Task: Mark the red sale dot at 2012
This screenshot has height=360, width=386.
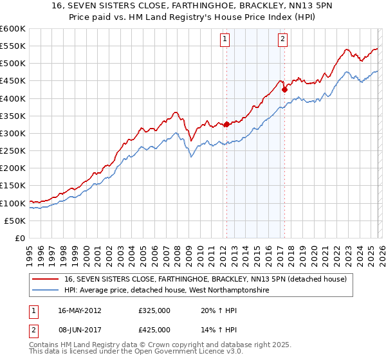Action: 226,125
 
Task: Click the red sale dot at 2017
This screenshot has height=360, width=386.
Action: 284,90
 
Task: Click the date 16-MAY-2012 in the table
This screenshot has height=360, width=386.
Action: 80,310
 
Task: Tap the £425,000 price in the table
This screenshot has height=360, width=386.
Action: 154,330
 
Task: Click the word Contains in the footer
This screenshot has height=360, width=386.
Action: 46,346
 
